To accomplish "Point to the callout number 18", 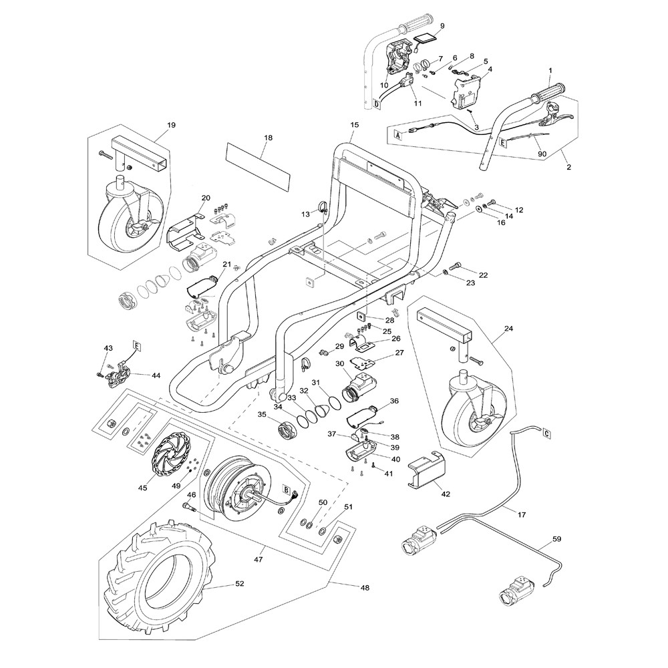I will tap(269, 138).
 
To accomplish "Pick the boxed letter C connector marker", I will tap(547, 432).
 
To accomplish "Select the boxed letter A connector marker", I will tap(398, 134).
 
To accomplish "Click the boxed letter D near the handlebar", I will tap(377, 104).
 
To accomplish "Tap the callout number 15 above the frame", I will tap(354, 125).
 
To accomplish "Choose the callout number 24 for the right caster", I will tap(509, 329).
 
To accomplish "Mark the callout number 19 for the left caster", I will tap(152, 125).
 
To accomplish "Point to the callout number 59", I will tap(556, 538).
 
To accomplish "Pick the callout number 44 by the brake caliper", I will tap(156, 375).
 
